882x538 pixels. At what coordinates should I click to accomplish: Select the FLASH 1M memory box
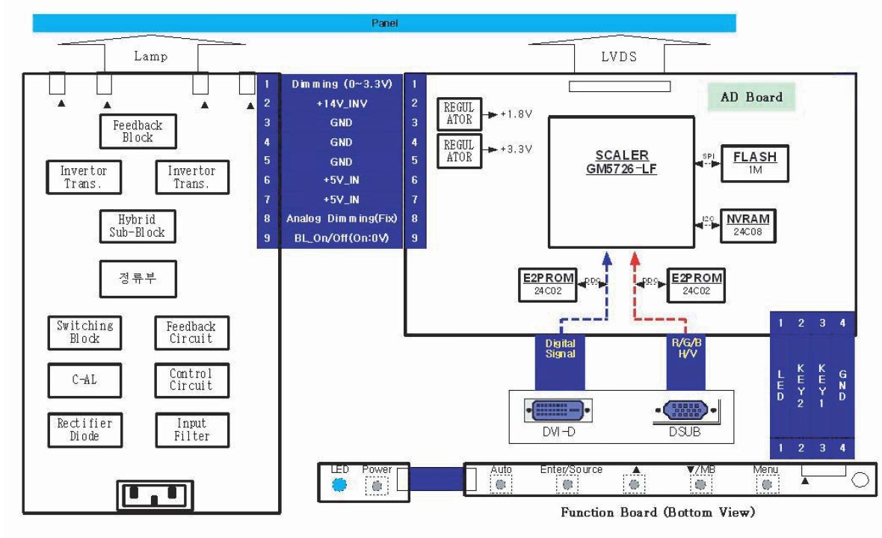coord(754,163)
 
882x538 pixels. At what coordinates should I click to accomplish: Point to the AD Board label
coord(750,97)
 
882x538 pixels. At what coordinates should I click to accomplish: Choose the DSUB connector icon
coord(685,410)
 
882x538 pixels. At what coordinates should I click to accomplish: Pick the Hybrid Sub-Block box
coord(138,226)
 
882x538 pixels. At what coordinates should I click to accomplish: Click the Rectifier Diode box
coord(84,430)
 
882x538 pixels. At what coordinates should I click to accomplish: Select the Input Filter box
coord(191,430)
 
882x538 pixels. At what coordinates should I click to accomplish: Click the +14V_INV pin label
coord(340,103)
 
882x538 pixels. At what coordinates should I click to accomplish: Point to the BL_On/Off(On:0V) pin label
coord(340,239)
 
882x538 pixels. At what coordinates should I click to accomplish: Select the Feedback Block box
coord(138,132)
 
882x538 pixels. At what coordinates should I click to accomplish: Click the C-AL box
coord(84,380)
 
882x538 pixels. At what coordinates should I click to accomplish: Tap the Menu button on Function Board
coord(766,485)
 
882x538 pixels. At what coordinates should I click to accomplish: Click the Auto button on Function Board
coord(501,485)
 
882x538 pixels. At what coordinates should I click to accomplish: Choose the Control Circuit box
coord(191,380)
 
